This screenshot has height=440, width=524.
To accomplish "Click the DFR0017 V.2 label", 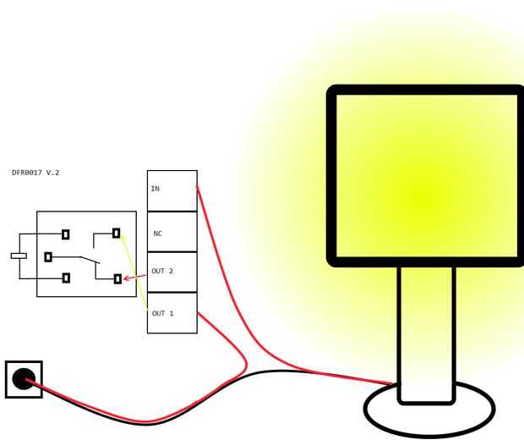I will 35,173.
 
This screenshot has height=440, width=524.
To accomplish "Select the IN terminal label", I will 155,189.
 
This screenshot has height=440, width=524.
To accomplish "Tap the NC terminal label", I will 157,234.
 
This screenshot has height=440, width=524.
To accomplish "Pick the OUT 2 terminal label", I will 162,272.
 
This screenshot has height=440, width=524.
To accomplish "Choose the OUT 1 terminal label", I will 162,313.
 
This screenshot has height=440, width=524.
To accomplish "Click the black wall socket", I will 24,378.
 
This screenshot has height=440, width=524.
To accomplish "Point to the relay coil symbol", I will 19,256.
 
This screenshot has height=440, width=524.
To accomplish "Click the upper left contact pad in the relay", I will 66,234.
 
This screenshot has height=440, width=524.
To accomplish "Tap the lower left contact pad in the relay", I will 66,278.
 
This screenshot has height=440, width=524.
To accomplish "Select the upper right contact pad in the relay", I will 116,233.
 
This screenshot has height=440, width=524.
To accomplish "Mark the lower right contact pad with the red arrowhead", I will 117,278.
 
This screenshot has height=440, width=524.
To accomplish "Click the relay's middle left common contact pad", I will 48,256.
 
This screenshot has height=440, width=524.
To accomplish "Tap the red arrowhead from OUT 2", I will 128,278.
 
